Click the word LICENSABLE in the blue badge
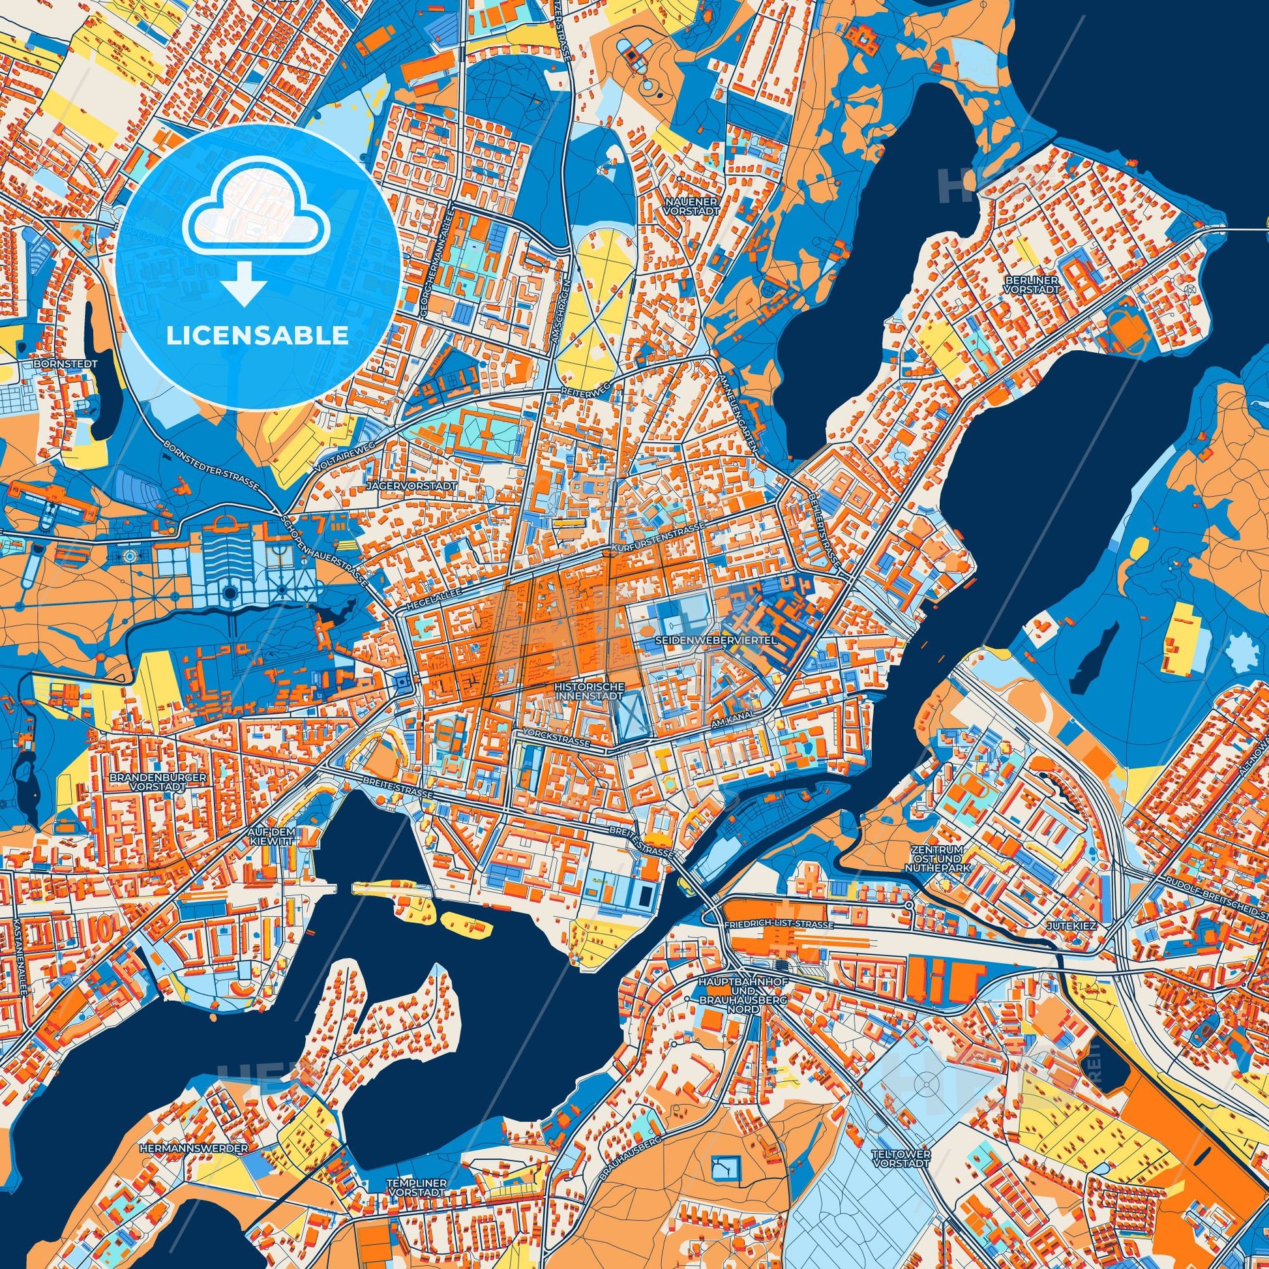click(x=258, y=336)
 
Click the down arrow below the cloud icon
click(x=244, y=284)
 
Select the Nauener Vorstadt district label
click(x=691, y=204)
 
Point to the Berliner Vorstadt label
click(x=1032, y=284)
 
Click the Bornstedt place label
click(x=68, y=363)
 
